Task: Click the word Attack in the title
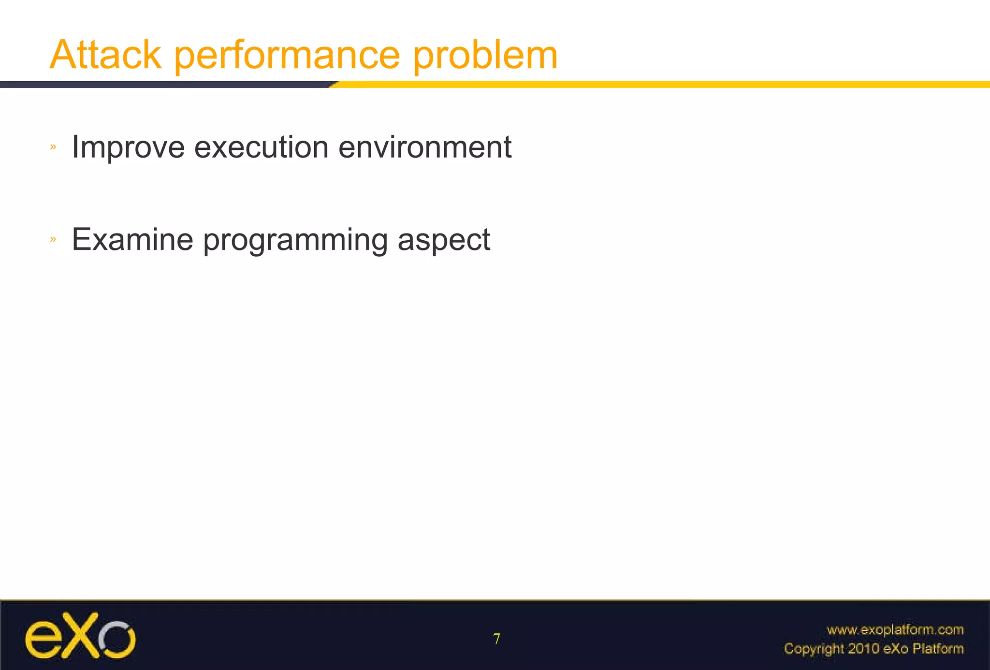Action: click(x=105, y=55)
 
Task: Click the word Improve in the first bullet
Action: click(x=128, y=147)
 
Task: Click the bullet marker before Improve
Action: click(x=53, y=146)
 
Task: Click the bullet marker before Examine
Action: click(x=53, y=239)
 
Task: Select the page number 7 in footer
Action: click(x=496, y=639)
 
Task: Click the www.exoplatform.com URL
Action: click(x=895, y=630)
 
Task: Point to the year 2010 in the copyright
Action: click(x=864, y=649)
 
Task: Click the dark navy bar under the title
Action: click(x=164, y=85)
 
